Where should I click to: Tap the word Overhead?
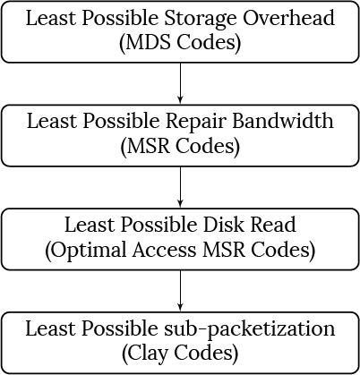coord(288,17)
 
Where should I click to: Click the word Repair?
coord(196,122)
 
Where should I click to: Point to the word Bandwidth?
coord(283,121)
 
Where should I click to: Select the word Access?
coord(165,250)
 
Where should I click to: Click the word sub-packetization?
coord(250,329)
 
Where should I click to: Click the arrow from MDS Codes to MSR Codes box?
coord(180,83)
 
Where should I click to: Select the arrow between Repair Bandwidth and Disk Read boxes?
coord(180,187)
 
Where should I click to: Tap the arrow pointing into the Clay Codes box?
coord(180,291)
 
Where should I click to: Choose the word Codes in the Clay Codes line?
coord(203,354)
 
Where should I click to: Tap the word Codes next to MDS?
coord(206,42)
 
